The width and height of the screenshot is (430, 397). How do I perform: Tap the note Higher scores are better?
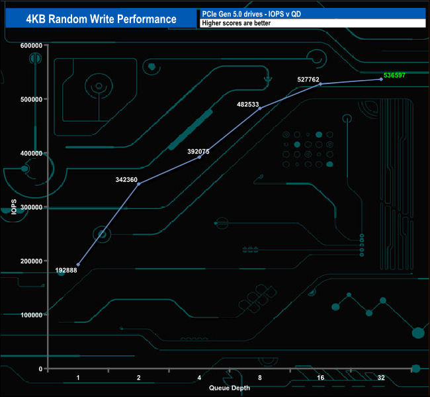click(x=236, y=23)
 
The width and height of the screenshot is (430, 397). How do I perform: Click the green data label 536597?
click(x=394, y=75)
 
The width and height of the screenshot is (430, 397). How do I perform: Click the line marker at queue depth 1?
click(x=78, y=265)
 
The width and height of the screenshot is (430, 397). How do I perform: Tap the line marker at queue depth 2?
click(x=138, y=184)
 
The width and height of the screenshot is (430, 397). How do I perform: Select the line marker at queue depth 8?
click(x=260, y=108)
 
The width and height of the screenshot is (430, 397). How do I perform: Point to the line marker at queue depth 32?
click(x=381, y=79)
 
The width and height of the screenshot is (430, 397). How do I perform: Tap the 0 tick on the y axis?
click(x=40, y=369)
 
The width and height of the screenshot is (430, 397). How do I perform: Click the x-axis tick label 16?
click(x=320, y=378)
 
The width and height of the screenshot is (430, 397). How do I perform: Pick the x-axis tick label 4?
click(x=199, y=378)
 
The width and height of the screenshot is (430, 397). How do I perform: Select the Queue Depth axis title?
click(x=230, y=388)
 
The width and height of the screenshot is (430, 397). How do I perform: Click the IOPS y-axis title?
click(x=14, y=207)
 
